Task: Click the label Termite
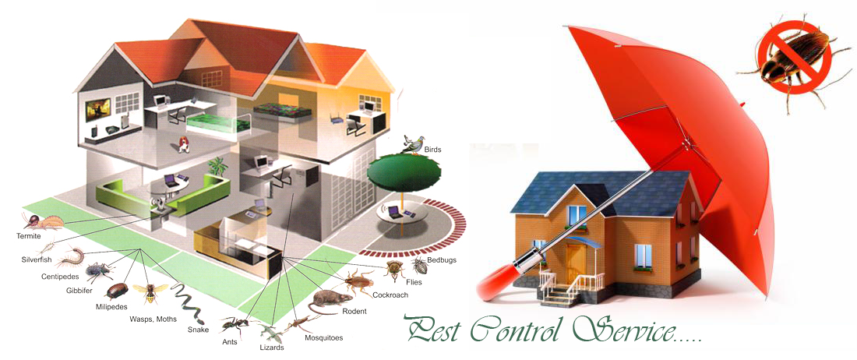pos(27,236)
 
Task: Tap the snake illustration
pos(189,302)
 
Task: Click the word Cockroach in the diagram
pos(390,295)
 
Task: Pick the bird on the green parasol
pos(413,143)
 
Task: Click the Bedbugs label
pos(442,260)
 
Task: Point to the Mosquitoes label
pos(323,337)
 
